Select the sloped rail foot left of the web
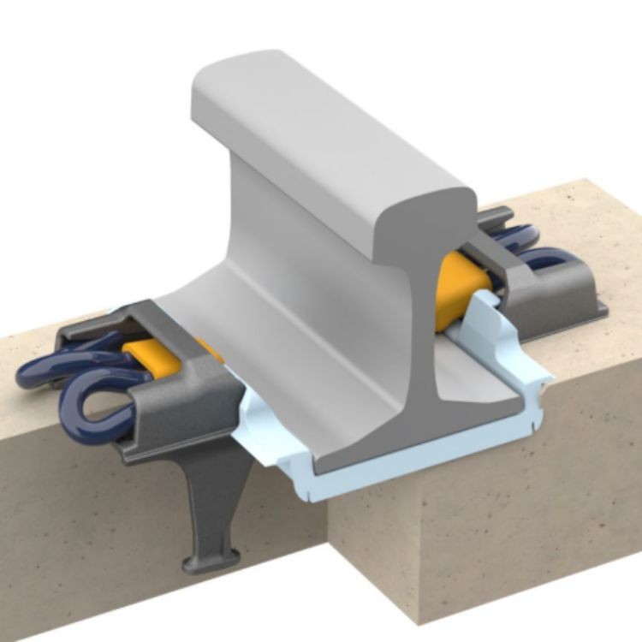(x=257, y=342)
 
